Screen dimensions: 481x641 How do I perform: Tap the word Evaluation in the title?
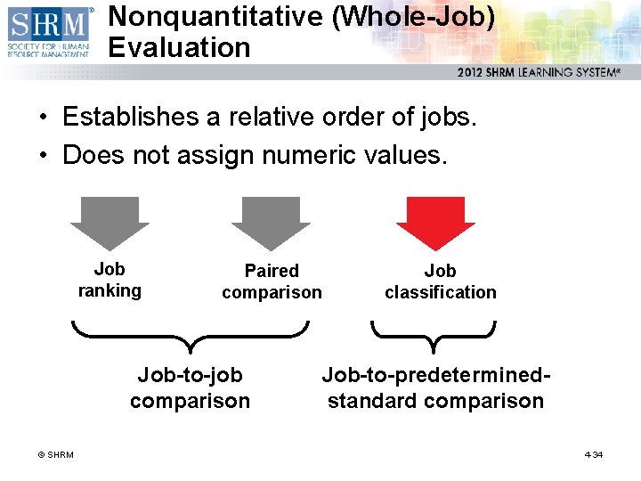[x=180, y=47]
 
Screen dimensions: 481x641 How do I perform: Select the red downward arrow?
[x=435, y=222]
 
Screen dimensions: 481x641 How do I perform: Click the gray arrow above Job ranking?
[x=110, y=222]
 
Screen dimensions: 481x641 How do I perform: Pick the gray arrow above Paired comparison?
[x=271, y=222]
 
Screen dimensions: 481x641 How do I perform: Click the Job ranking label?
[x=110, y=280]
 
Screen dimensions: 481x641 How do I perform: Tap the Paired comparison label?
[x=272, y=281]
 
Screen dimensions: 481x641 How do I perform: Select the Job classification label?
[x=440, y=281]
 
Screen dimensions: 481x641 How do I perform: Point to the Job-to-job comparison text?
[x=190, y=388]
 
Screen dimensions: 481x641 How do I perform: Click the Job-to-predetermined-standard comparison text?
[x=435, y=388]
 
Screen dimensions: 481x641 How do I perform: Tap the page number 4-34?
[x=594, y=455]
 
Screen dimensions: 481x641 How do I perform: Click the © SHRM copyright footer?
[x=55, y=455]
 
